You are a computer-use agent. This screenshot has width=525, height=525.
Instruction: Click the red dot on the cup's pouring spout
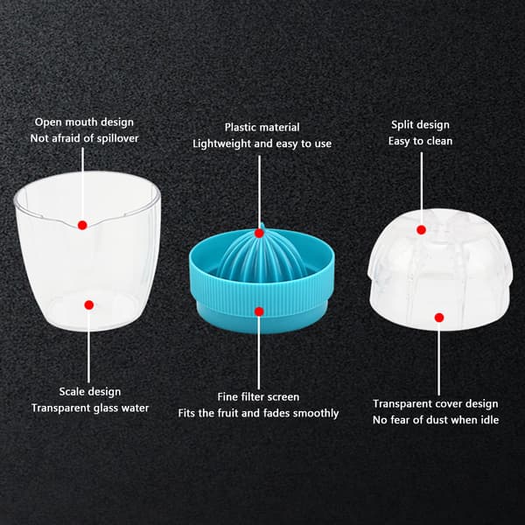pos(82,225)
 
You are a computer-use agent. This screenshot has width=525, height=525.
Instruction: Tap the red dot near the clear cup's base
pos(89,304)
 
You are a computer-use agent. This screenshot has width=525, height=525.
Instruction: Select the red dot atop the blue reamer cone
pos(259,234)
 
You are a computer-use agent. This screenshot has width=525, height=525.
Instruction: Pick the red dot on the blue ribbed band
pos(259,311)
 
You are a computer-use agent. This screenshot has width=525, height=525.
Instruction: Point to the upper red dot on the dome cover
pos(421,229)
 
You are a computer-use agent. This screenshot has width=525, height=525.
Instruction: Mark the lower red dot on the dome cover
pos(439,318)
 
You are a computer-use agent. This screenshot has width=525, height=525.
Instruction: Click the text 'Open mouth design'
pos(84,122)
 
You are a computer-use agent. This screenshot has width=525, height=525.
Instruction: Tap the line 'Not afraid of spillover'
pos(84,138)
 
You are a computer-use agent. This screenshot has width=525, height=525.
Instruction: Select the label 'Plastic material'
pos(262,127)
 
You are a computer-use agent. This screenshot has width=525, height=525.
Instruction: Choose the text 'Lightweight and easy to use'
pos(262,143)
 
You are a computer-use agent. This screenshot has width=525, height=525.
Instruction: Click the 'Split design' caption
pos(421,125)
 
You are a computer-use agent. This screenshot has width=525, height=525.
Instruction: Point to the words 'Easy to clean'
pos(421,141)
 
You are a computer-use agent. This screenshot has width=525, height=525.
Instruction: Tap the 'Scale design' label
pos(90,392)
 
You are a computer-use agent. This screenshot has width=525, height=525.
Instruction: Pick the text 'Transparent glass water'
pos(90,408)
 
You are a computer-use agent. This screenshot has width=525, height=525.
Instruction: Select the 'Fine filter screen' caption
pos(258,396)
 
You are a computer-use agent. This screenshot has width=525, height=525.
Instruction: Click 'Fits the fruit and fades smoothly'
pos(258,413)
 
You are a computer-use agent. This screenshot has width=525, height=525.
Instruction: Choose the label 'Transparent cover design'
pos(436,403)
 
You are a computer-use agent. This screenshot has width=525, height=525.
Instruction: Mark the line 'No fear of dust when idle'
pos(436,419)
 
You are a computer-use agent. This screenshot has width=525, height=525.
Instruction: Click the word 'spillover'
pos(117,138)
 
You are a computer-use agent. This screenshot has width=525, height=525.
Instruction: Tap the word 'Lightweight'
pos(221,144)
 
